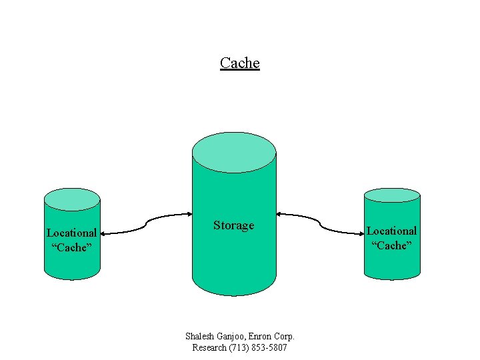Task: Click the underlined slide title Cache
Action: point(239,63)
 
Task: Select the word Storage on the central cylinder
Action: point(233,225)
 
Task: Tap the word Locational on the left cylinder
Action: point(71,233)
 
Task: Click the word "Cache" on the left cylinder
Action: point(71,247)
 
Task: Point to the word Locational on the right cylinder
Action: point(392,231)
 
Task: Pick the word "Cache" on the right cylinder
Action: point(392,245)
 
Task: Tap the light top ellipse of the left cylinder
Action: point(72,199)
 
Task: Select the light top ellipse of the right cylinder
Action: point(392,195)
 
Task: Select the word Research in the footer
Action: point(209,348)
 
